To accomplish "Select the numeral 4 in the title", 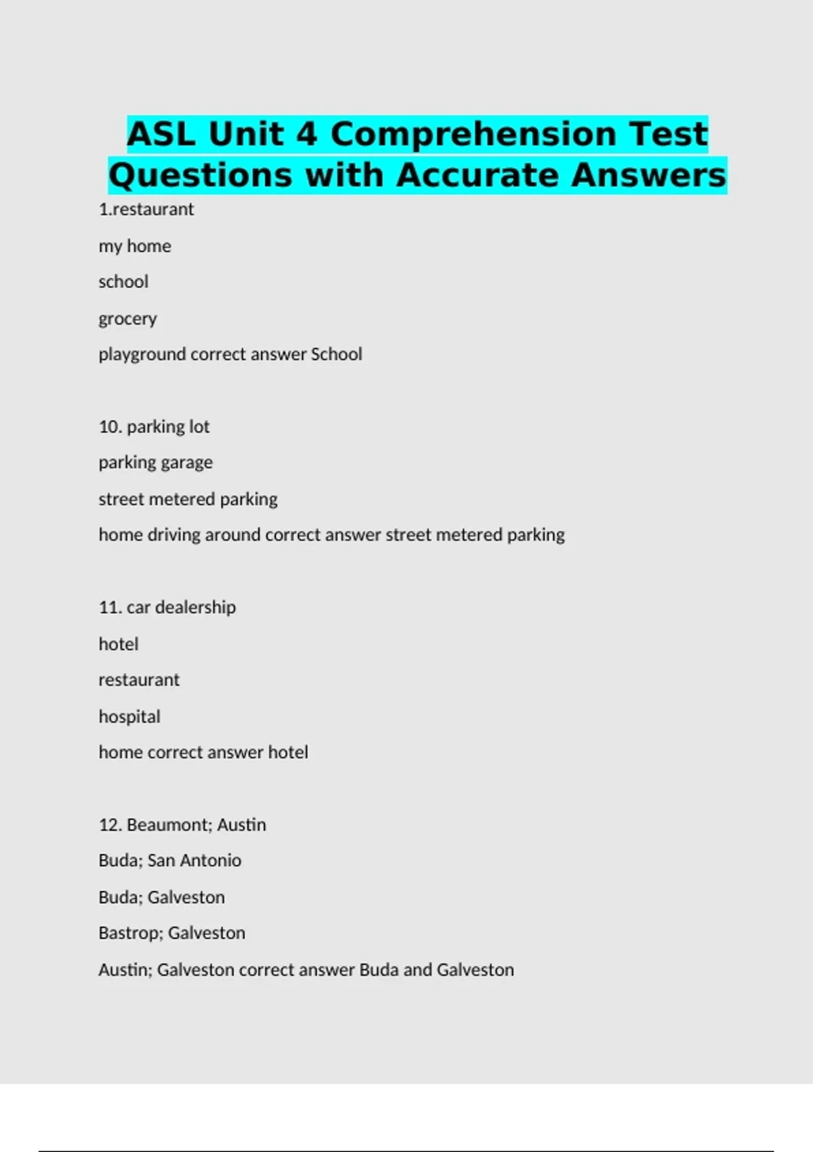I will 306,134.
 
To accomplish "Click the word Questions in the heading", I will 201,176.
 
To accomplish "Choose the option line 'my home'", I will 135,246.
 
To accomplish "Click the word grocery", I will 127,318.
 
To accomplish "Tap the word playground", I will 142,354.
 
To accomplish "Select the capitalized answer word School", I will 336,354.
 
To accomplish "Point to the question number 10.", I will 110,427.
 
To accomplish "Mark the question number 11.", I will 110,607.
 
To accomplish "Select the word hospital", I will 129,716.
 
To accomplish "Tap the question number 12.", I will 110,825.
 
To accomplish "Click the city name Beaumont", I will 169,825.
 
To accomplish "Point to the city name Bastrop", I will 131,933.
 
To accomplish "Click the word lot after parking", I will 199,427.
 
